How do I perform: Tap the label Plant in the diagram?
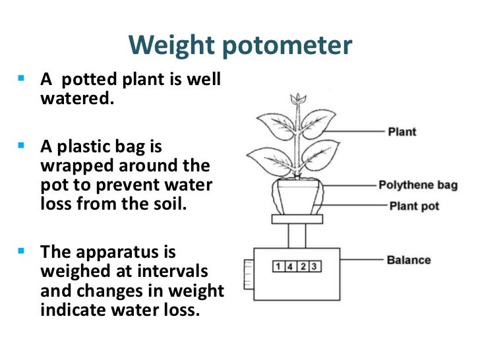pos(402,131)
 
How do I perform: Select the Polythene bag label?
pos(418,185)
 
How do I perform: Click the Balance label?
pos(409,260)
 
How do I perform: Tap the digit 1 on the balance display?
pos(279,266)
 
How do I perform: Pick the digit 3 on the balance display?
pos(315,266)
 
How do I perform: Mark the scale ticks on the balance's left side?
pos(249,274)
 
